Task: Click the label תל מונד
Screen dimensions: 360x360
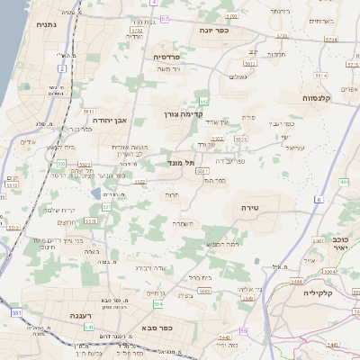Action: click(x=181, y=163)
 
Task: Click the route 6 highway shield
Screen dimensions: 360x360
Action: click(x=319, y=198)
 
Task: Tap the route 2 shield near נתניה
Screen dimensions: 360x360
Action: click(x=62, y=67)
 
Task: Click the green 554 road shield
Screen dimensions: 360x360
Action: click(x=146, y=304)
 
